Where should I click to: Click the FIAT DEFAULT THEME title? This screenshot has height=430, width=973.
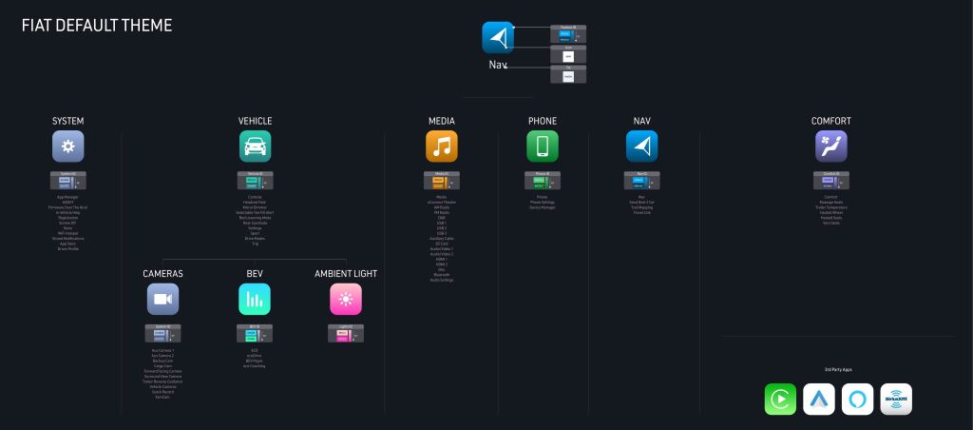97,26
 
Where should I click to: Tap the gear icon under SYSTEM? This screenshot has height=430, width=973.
68,147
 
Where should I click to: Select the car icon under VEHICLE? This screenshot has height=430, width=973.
255,147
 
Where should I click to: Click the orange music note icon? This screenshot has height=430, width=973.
442,147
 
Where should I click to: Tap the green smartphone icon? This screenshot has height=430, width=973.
543,147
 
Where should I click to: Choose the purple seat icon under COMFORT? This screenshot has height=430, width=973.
830,147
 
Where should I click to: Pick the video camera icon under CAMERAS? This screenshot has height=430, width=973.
162,299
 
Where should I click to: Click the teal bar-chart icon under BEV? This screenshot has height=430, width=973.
254,299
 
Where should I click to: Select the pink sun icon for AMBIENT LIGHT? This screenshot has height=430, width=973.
346,299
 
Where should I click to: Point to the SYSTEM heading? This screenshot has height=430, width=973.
68,122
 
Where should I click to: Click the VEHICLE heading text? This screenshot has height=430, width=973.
255,122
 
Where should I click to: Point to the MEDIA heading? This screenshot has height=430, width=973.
442,122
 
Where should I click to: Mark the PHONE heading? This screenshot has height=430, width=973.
543,122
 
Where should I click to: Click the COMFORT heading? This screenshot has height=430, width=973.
830,122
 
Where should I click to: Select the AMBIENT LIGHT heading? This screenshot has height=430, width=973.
346,274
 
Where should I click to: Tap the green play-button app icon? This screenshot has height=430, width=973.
780,400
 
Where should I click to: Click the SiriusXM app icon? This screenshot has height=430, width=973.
896,400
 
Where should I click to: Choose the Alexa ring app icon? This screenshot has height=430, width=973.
857,400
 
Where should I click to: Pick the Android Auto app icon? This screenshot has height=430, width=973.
819,400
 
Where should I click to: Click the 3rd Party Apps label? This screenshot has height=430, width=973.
837,368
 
